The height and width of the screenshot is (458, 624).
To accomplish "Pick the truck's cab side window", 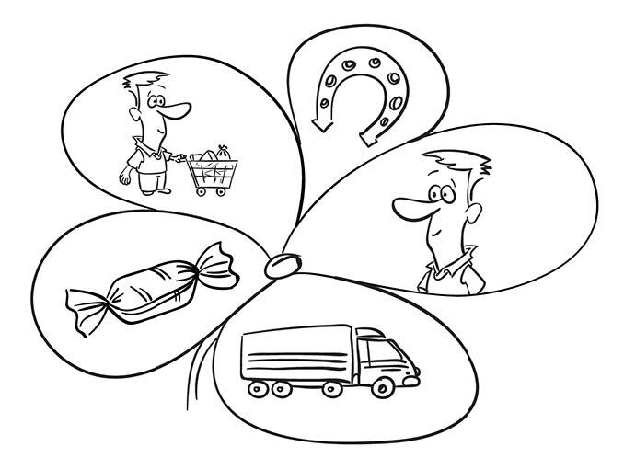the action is click(372, 351).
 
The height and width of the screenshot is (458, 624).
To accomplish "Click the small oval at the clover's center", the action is click(280, 265).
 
